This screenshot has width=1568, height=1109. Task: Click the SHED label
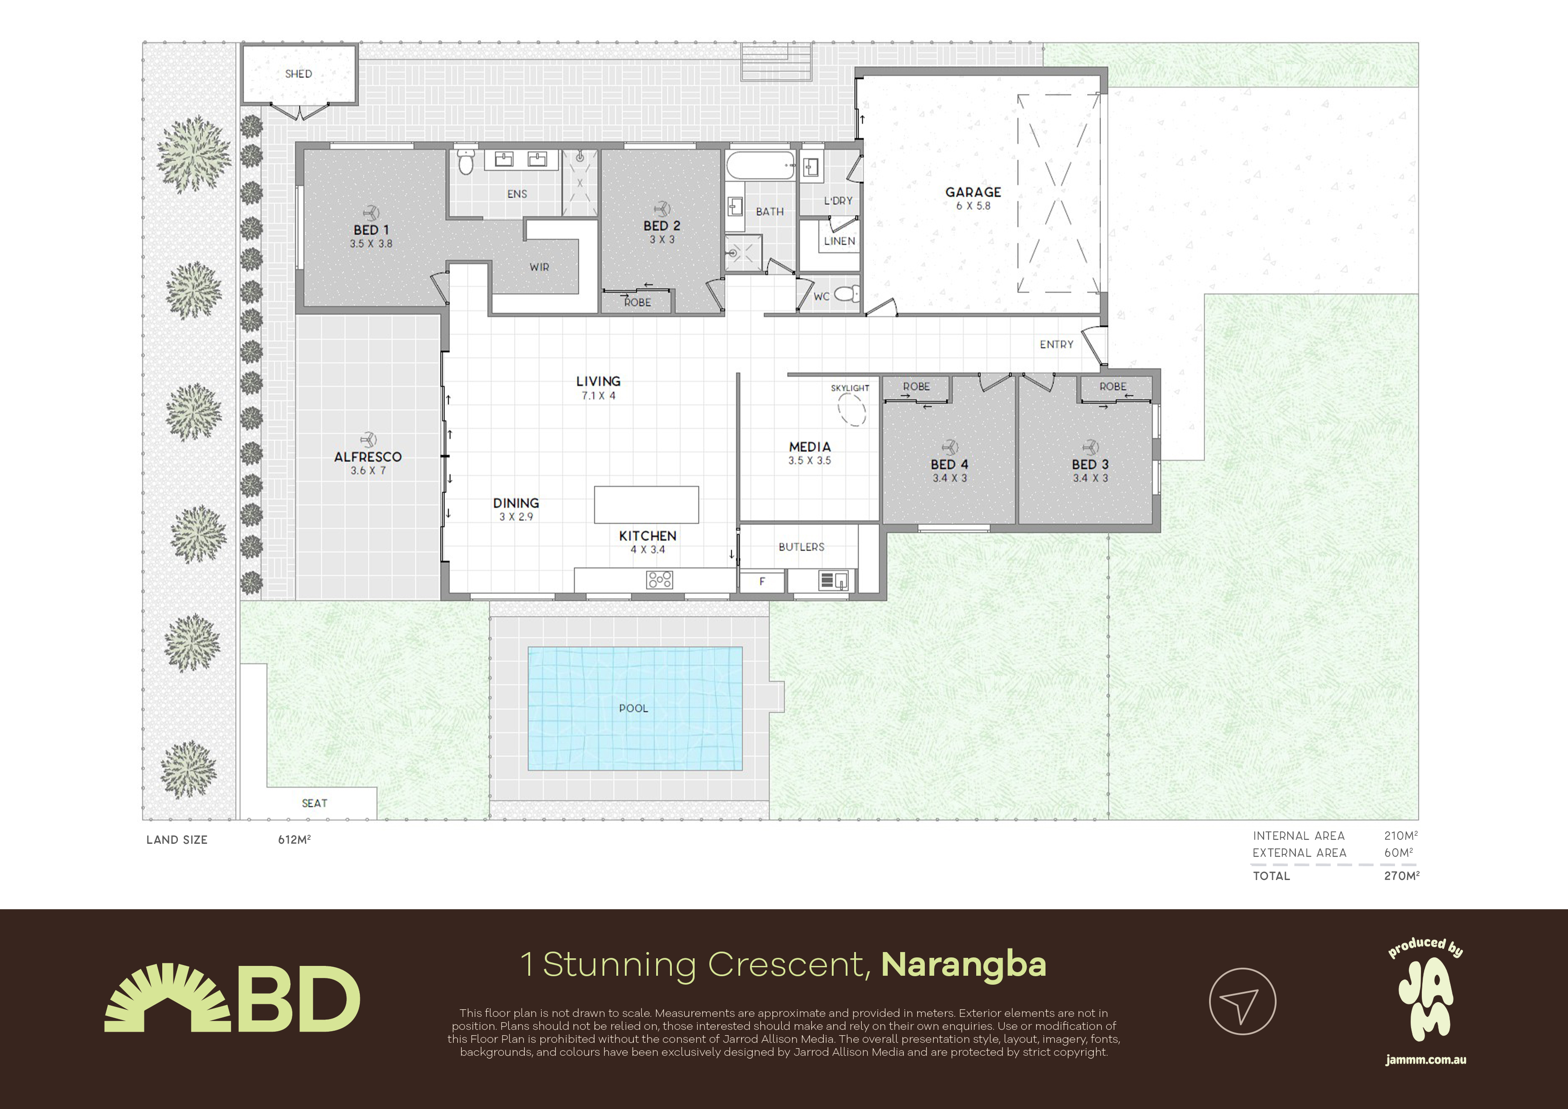pyautogui.click(x=299, y=74)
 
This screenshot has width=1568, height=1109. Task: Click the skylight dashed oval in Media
pyautogui.click(x=851, y=411)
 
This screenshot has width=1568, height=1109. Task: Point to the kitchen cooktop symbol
pyautogui.click(x=660, y=580)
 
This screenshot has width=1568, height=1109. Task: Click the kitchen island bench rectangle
pyautogui.click(x=646, y=505)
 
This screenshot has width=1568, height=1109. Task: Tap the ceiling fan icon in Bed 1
pyautogui.click(x=371, y=212)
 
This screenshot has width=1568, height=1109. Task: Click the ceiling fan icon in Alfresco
pyautogui.click(x=368, y=440)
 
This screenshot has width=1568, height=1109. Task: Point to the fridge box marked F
pyautogui.click(x=762, y=581)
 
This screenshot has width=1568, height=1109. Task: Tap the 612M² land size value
pyautogui.click(x=295, y=840)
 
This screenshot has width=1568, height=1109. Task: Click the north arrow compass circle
pyautogui.click(x=1242, y=1002)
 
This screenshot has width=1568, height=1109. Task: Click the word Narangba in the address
pyautogui.click(x=963, y=965)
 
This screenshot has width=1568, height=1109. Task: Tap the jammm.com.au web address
pyautogui.click(x=1426, y=1061)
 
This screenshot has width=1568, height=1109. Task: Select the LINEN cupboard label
pyautogui.click(x=839, y=241)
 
